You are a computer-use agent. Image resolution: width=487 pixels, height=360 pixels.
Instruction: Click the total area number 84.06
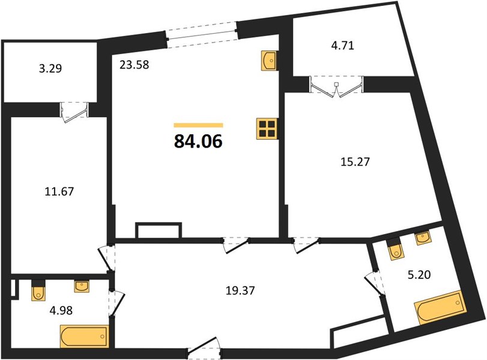click(198, 142)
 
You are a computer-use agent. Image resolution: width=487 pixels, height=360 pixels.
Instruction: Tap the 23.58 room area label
click(134, 65)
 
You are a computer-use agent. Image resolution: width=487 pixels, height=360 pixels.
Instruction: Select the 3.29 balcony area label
click(50, 68)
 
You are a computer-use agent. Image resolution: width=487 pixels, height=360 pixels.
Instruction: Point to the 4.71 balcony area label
click(342, 46)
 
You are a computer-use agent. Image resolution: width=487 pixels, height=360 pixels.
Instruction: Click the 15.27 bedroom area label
click(355, 161)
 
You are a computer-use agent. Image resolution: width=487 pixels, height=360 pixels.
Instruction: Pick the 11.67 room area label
click(59, 191)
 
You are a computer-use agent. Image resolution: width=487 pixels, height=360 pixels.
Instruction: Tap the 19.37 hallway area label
click(240, 290)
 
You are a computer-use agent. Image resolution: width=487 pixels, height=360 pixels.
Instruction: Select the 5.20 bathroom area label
click(419, 275)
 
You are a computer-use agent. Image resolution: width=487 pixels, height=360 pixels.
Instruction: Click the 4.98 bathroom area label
click(61, 310)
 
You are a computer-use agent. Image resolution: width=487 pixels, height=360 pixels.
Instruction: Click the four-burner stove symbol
click(267, 129)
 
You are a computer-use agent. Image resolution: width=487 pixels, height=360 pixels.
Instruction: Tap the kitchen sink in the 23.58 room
click(268, 61)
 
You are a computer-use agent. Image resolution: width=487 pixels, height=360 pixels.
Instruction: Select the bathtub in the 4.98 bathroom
click(84, 337)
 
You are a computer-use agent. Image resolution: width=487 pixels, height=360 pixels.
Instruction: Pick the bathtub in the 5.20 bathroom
click(440, 307)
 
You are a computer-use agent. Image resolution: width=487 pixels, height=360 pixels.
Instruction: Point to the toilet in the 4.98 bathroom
click(38, 290)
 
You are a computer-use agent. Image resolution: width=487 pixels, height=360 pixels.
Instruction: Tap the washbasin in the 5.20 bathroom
click(423, 238)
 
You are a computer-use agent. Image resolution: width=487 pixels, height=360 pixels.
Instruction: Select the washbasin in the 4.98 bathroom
click(82, 286)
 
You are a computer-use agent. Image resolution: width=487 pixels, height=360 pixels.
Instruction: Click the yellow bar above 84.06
click(199, 125)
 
